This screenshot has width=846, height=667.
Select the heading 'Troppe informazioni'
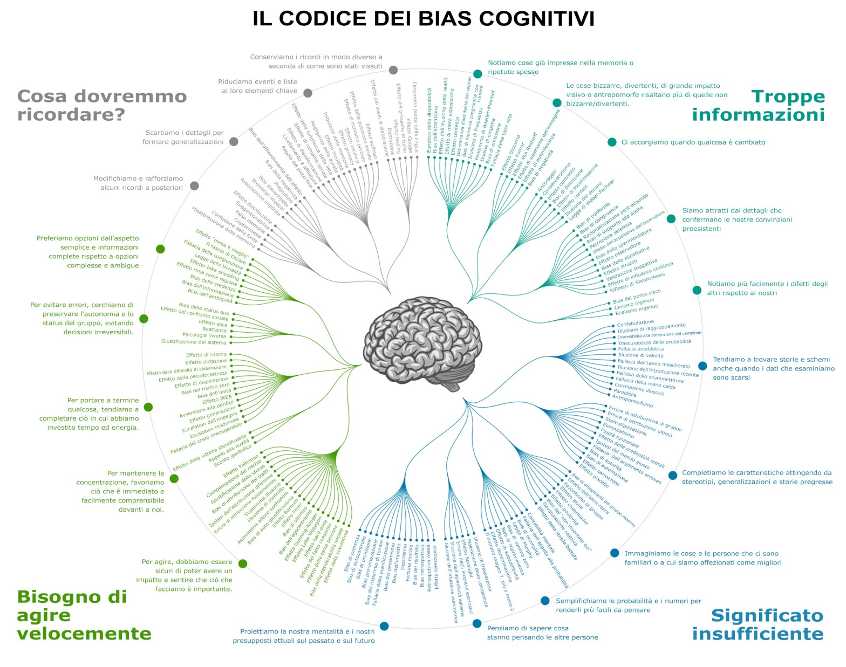759,106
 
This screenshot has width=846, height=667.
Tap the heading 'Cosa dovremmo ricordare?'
102,106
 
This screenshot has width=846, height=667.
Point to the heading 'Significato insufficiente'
758,624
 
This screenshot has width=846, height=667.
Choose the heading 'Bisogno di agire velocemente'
84,615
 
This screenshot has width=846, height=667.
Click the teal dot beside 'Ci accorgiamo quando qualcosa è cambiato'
612,142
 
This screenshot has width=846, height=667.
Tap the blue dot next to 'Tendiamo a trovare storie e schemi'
702,366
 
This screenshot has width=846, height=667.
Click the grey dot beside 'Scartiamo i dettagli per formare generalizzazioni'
234,142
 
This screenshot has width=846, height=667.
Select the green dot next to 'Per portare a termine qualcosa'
148,407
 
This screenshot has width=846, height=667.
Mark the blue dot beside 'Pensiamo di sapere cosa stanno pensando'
477,624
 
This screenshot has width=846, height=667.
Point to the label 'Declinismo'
403,558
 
